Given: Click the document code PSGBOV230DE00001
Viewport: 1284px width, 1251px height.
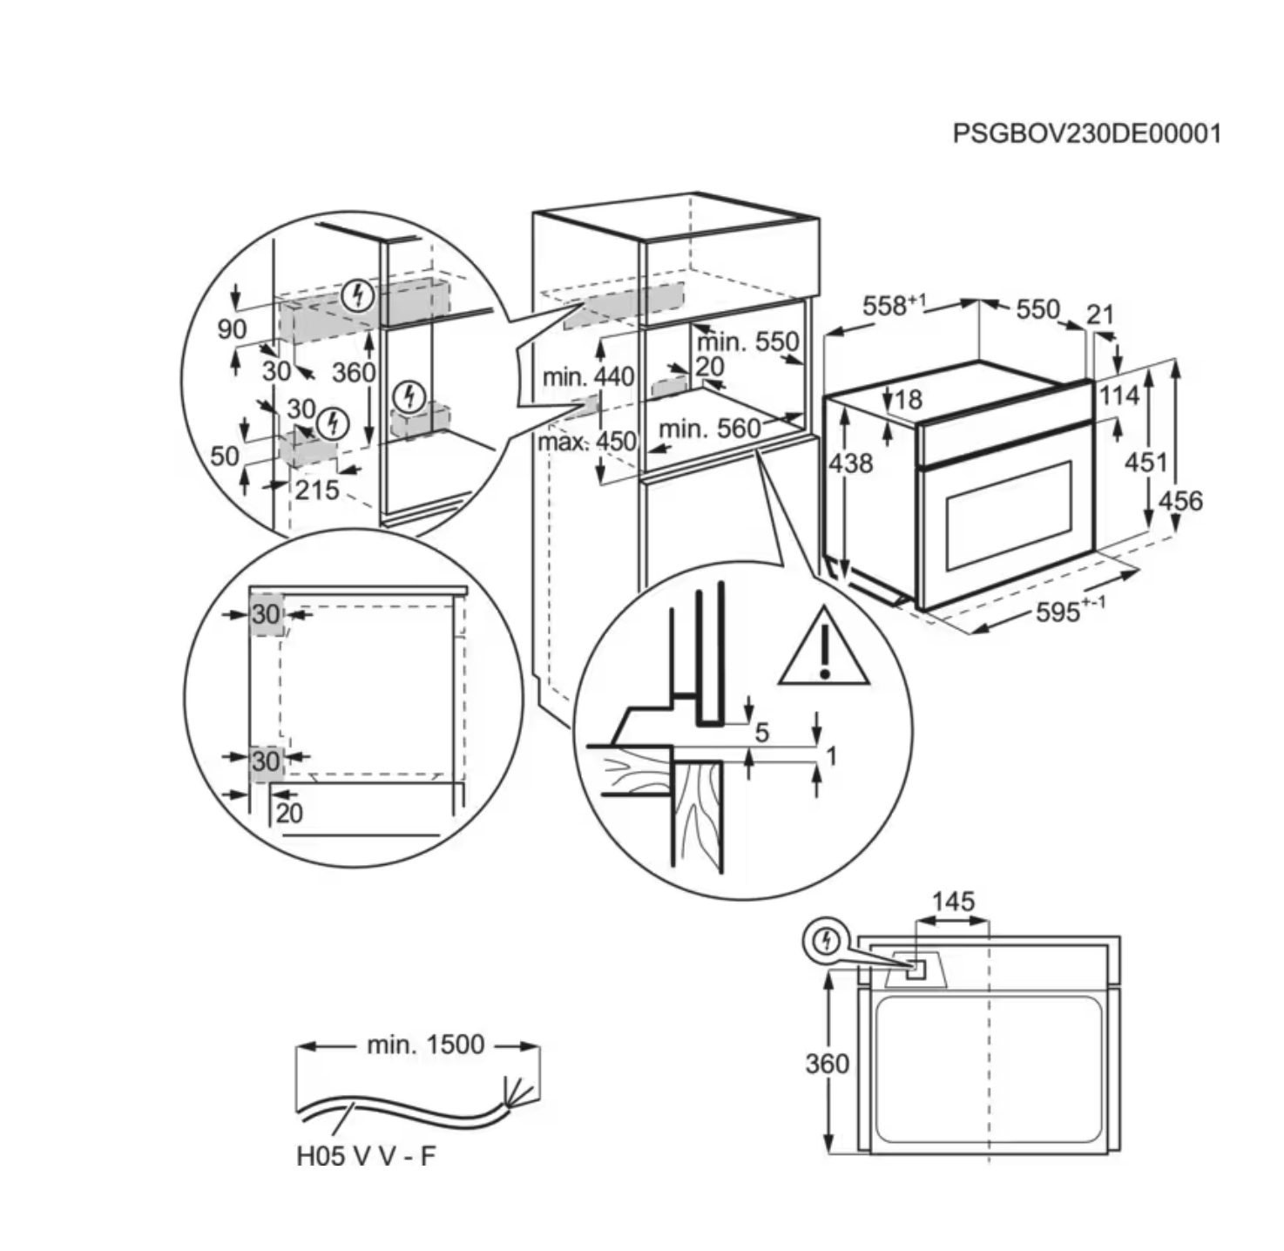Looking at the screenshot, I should tap(1086, 133).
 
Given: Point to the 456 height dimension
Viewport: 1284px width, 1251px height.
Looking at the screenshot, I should tap(1180, 500).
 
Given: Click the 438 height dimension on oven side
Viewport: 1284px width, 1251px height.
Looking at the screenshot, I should tap(850, 463).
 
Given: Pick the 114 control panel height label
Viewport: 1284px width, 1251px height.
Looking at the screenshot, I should tap(1118, 396).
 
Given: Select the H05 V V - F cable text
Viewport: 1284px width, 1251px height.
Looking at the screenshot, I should tap(365, 1156).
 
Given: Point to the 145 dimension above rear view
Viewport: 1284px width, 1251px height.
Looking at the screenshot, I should tap(953, 901).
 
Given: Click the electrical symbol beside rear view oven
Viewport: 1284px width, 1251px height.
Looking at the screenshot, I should tap(827, 942).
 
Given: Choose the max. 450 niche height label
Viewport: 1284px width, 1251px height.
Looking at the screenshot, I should tap(586, 441).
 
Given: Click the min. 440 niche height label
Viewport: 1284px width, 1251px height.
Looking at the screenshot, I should tap(588, 377).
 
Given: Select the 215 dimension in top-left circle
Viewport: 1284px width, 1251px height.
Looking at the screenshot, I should tap(316, 490).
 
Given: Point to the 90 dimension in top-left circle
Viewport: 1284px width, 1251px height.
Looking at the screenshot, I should tap(232, 329).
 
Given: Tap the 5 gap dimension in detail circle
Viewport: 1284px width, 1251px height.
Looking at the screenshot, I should tap(761, 732).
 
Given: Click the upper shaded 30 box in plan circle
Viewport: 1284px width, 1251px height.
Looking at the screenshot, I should tap(266, 614).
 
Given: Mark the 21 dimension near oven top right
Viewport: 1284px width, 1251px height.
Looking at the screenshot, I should tap(1100, 314).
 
